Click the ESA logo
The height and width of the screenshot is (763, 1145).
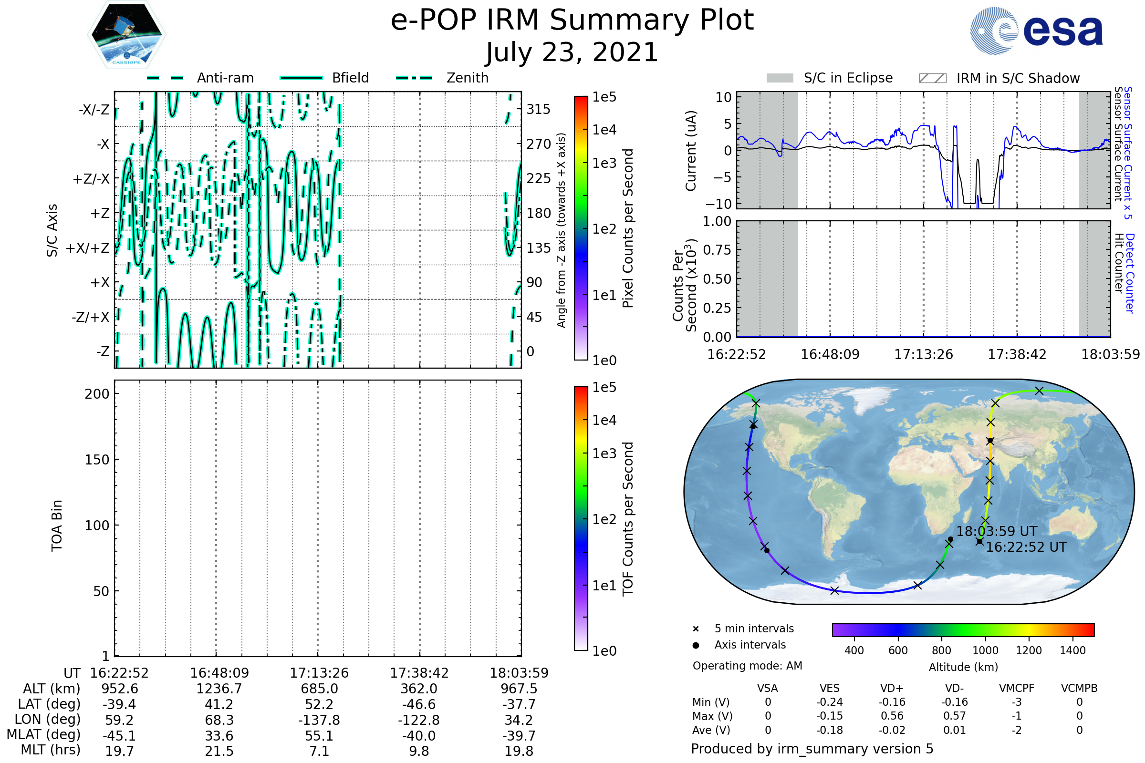pyautogui.click(x=1036, y=31)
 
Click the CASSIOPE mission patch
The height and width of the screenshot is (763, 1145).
pyautogui.click(x=126, y=34)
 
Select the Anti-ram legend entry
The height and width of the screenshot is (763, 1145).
pyautogui.click(x=200, y=78)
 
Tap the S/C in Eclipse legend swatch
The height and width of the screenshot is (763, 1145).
pyautogui.click(x=780, y=78)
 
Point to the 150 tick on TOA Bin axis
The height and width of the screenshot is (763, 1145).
pyautogui.click(x=97, y=460)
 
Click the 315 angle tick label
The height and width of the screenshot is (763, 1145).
pyautogui.click(x=539, y=110)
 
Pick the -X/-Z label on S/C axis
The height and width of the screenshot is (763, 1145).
pyautogui.click(x=94, y=110)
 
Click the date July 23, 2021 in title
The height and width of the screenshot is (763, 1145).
pyautogui.click(x=572, y=52)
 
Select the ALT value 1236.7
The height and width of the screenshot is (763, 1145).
pyautogui.click(x=219, y=689)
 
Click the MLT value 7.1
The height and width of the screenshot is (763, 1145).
pyautogui.click(x=319, y=751)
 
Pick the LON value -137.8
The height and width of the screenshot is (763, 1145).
pyautogui.click(x=319, y=720)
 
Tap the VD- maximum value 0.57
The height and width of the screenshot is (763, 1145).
pyautogui.click(x=954, y=716)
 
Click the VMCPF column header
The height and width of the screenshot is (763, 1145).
pyautogui.click(x=1017, y=688)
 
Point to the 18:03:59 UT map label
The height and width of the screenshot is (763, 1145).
pyautogui.click(x=997, y=531)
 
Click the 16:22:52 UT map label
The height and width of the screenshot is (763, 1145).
pyautogui.click(x=1026, y=547)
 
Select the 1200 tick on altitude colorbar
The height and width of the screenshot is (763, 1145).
pyautogui.click(x=1029, y=650)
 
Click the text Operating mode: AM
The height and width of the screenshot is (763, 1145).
pyautogui.click(x=747, y=666)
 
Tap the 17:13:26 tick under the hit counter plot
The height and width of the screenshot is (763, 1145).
pyautogui.click(x=924, y=354)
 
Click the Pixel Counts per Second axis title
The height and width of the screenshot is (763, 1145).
pyautogui.click(x=628, y=228)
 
